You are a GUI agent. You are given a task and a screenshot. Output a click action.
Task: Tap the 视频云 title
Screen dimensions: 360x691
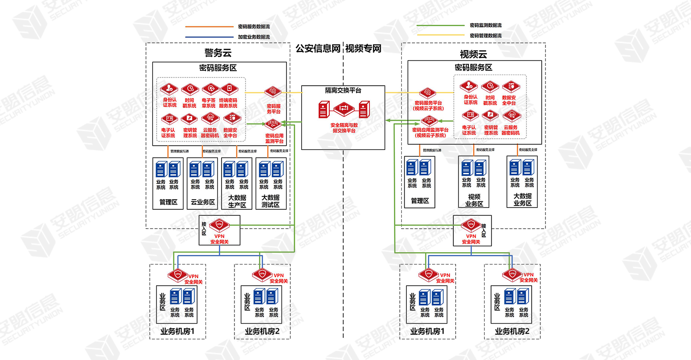(x=473, y=53)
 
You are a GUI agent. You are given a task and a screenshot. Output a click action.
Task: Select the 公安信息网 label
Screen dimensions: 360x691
(x=318, y=48)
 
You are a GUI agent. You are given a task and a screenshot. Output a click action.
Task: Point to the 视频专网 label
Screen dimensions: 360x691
(x=363, y=48)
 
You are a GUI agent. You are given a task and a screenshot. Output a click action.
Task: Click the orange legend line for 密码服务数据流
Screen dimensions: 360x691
(x=209, y=27)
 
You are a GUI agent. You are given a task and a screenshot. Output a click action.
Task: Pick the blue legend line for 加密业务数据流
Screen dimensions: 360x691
(x=209, y=37)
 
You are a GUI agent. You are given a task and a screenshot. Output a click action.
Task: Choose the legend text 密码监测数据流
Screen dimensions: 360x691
(x=486, y=25)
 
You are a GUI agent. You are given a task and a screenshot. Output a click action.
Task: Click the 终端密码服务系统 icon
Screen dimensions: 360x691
(x=228, y=89)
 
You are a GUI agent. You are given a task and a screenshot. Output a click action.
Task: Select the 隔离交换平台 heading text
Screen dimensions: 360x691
(x=343, y=90)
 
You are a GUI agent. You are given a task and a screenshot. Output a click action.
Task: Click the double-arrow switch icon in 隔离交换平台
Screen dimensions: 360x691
(x=343, y=109)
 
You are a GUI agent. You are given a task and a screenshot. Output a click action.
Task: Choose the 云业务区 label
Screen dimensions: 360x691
(x=203, y=202)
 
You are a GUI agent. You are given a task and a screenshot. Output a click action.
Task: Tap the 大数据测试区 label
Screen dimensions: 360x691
(x=271, y=201)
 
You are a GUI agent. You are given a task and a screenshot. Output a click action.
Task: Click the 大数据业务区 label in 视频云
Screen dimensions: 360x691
(x=522, y=200)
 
